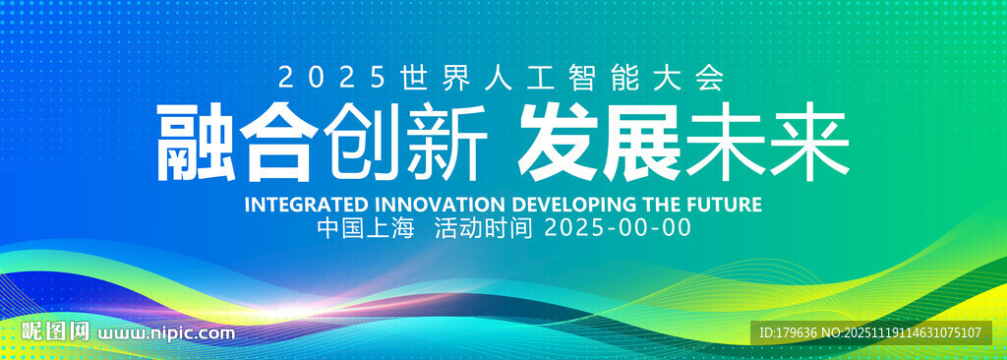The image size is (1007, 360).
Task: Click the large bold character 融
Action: [x=195, y=142]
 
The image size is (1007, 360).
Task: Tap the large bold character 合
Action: [x=279, y=142]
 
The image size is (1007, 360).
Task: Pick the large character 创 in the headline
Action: [x=364, y=142]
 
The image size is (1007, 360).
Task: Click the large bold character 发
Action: [x=558, y=142]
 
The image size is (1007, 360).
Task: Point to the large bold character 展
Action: [x=641, y=142]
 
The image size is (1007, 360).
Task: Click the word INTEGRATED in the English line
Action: [x=307, y=205]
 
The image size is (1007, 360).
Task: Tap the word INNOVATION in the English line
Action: [x=440, y=205]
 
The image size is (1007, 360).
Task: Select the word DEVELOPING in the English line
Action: [x=574, y=205]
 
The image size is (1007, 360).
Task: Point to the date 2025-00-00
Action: [x=618, y=228]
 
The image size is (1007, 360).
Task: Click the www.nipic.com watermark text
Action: [x=166, y=333]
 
